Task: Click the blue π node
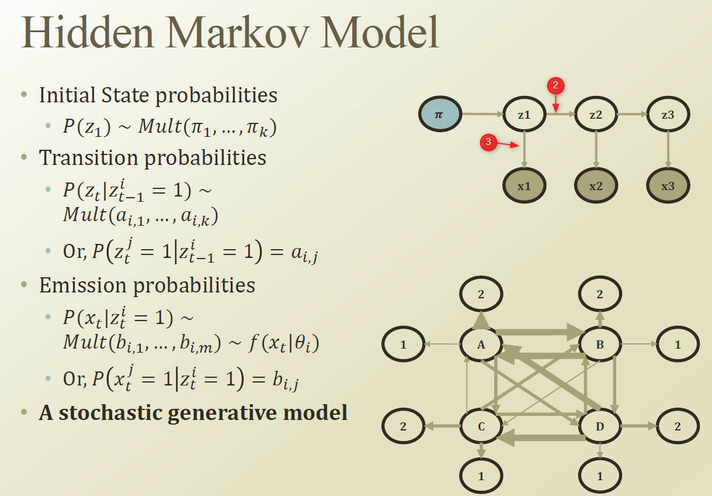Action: tap(440, 115)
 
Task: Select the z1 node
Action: tap(525, 115)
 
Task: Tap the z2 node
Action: tap(596, 115)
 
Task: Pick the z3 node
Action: tap(668, 115)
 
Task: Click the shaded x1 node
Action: tap(525, 186)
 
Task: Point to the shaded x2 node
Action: tap(596, 186)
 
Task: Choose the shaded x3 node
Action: tap(668, 186)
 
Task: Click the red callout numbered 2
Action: tap(555, 86)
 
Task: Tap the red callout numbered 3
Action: tap(488, 142)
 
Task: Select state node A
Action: tap(481, 345)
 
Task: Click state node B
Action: tap(600, 345)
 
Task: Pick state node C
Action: tap(481, 426)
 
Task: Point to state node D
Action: tap(600, 426)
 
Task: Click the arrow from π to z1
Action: tap(482, 115)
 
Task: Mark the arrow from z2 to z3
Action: tap(631, 115)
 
